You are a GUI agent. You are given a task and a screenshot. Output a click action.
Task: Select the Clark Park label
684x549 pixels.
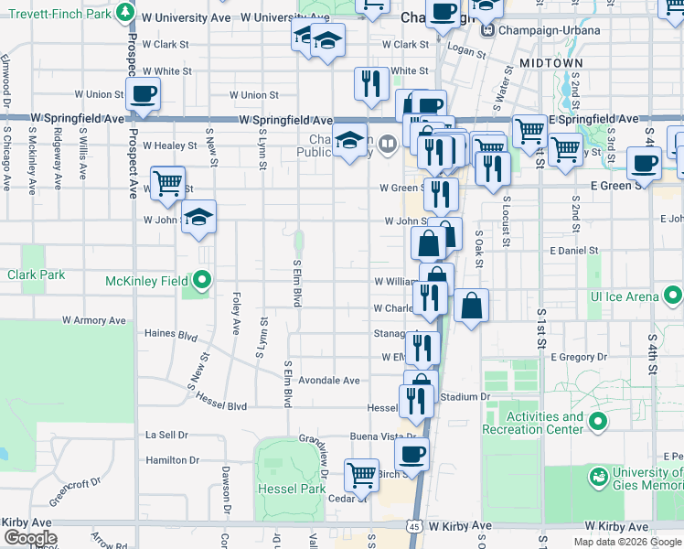point(37,274)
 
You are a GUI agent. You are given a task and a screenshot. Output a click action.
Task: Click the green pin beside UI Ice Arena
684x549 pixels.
point(672,296)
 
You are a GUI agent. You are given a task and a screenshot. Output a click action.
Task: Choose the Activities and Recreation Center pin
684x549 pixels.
point(598,422)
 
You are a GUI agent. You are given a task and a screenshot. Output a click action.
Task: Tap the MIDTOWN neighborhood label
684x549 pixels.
point(550,62)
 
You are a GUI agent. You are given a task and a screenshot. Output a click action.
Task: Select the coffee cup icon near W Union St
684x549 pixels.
point(143,93)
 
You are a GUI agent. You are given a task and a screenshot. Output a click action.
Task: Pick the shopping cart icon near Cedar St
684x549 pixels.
point(362,474)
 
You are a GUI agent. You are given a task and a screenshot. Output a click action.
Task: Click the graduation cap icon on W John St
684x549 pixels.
point(198,218)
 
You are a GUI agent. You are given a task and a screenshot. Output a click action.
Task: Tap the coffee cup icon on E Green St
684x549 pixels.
point(644,163)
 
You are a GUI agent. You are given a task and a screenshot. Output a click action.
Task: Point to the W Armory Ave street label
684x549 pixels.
point(93,321)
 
